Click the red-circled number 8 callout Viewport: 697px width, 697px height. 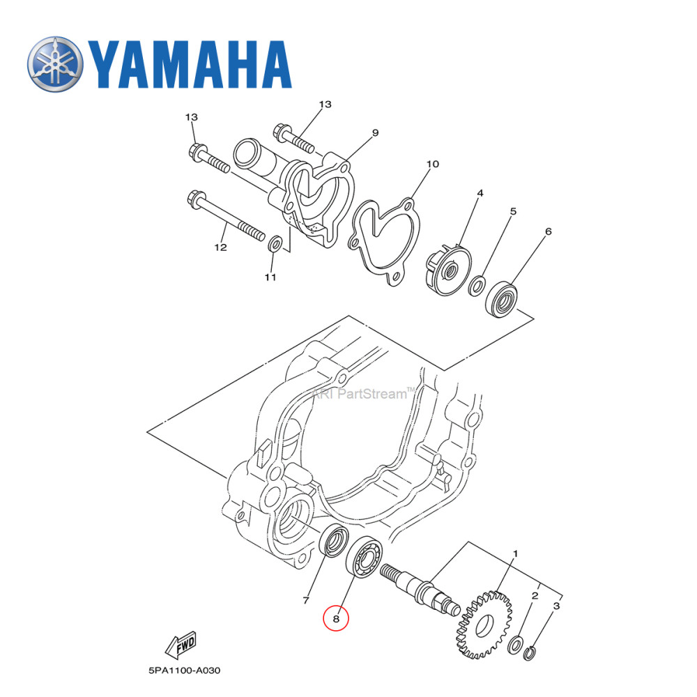336,618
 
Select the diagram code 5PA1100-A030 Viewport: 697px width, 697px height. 184,671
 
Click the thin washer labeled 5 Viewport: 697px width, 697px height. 478,284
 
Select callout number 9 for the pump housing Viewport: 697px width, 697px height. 374,132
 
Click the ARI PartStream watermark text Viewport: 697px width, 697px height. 362,394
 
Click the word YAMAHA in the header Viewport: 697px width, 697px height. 188,64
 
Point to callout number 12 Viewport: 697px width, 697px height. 220,247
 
